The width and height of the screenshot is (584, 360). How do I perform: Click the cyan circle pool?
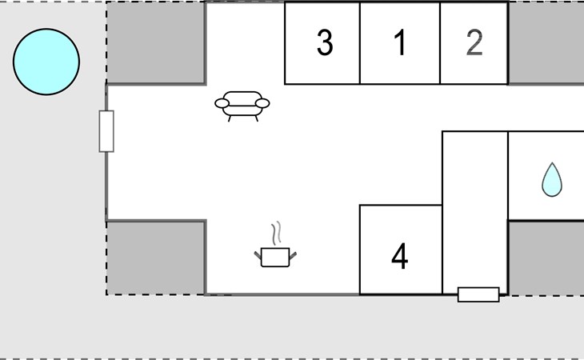point(46,62)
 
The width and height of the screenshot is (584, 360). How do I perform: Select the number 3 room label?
point(325,43)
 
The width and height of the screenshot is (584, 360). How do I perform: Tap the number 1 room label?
point(400,42)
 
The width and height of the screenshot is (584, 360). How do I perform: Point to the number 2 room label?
point(474,43)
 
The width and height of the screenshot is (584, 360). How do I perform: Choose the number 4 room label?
point(400,256)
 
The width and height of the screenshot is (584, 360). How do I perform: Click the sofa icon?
point(242,106)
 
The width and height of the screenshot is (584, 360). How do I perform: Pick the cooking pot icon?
point(275,245)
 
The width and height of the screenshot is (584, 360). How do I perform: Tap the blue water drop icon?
point(552,179)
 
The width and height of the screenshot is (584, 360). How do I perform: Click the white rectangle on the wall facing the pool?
point(106,131)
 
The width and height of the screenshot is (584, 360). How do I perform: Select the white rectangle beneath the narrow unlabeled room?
point(478,294)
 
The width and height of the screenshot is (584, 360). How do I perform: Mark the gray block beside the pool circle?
point(156,43)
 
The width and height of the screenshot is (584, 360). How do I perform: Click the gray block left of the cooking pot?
point(156,258)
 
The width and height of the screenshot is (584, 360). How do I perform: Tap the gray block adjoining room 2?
point(546,43)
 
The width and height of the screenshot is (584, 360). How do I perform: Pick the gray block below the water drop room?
point(546,258)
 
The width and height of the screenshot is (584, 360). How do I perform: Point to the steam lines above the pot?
point(276,234)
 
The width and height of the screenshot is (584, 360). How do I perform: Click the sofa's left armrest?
point(222,103)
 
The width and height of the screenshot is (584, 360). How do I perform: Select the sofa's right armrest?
point(262,103)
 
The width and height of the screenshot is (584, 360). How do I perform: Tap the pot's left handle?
point(258,256)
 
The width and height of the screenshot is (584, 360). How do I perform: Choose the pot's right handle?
point(293,256)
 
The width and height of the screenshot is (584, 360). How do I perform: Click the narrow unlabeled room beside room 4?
point(475,213)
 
